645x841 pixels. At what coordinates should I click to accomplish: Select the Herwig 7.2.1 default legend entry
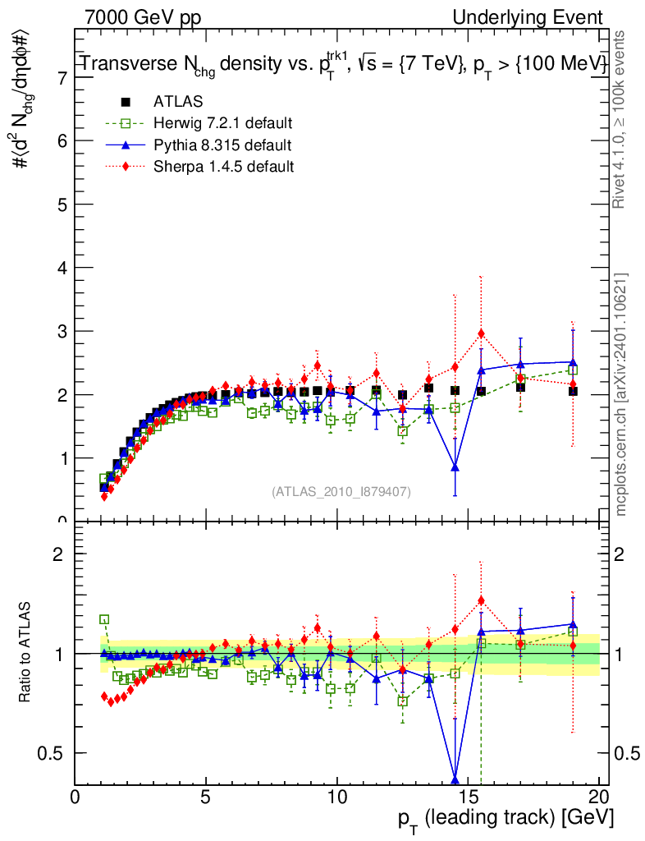tap(222, 123)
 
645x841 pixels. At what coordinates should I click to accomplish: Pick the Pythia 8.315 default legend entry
tap(222, 145)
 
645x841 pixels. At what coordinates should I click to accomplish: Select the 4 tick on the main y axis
tap(62, 268)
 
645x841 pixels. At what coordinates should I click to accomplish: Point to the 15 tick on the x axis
tap(468, 796)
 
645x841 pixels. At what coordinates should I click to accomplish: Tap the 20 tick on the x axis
tap(598, 796)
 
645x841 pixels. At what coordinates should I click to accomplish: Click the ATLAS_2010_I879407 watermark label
tap(341, 491)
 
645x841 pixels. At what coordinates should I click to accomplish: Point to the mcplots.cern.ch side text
tap(622, 394)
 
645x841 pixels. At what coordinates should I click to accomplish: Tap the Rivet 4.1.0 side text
tap(622, 119)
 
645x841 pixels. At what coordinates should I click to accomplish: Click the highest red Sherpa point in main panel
tap(481, 333)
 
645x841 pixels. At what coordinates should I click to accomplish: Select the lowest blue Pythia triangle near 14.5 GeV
tap(455, 467)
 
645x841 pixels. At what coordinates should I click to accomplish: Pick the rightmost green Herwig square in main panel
tap(573, 370)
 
